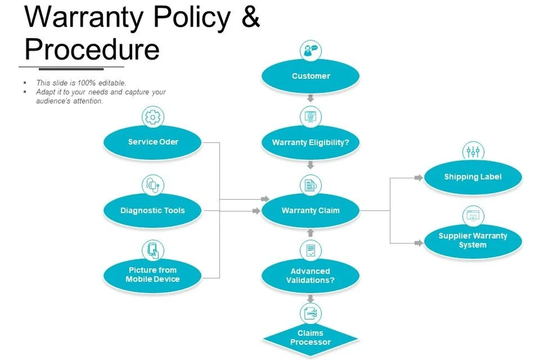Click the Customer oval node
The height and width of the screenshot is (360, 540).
310,76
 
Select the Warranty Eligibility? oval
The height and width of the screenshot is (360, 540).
310,142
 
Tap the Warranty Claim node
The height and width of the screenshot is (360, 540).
310,211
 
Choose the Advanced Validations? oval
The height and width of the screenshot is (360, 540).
310,275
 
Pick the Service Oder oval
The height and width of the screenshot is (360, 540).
153,142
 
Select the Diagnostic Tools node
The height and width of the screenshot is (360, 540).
153,210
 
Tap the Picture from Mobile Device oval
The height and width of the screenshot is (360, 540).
153,275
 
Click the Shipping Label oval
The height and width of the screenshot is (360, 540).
473,177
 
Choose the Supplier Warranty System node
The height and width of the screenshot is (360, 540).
473,241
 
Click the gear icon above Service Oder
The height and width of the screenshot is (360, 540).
153,117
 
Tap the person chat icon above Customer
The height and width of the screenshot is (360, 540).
311,51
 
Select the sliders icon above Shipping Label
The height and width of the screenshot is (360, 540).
473,152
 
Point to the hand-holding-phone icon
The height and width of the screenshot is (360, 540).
153,251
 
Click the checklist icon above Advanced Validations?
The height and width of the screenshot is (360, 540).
311,251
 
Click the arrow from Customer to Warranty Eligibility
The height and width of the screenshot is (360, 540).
310,98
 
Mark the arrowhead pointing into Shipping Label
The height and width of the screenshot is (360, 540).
419,178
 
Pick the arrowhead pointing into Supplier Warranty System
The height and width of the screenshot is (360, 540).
419,243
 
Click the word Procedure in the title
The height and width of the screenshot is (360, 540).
92,49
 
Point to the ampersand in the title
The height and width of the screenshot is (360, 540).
251,17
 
